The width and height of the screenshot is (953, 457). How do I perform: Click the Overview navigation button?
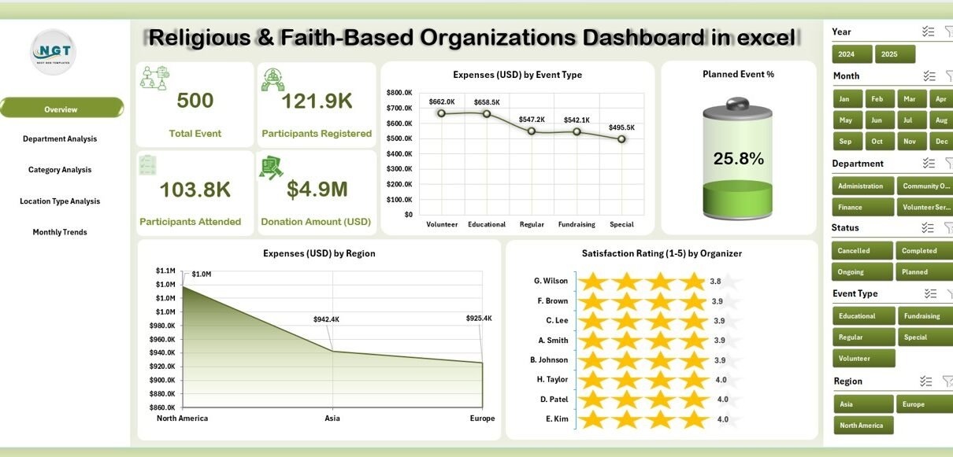61,109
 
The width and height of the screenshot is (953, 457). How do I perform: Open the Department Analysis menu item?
60,139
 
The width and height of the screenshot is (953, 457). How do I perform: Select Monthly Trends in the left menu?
60,232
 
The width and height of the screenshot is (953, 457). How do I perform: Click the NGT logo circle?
53,52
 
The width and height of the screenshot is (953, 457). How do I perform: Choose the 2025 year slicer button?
895,54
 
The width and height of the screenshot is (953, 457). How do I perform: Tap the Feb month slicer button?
879,99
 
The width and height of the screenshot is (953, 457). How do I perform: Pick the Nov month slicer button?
909,142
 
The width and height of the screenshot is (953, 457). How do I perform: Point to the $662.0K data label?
442,101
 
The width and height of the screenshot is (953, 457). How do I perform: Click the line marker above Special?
621,139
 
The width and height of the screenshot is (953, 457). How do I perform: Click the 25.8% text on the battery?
738,159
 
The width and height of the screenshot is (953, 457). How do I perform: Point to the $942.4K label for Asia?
325,319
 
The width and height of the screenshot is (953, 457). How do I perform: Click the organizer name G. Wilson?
551,281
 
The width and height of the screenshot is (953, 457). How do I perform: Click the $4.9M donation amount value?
317,190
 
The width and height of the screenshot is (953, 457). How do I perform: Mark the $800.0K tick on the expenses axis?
399,93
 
